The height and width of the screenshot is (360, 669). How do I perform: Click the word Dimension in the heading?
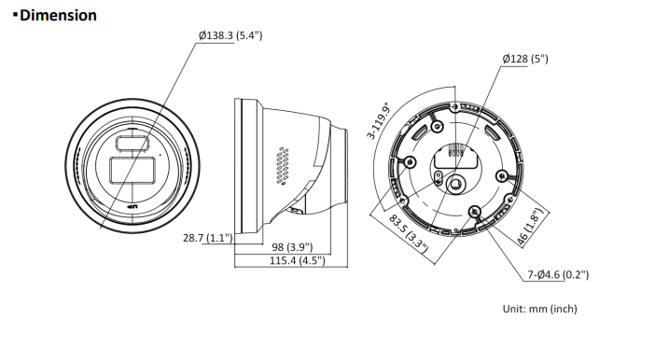[58, 15]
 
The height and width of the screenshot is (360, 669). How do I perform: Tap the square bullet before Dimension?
[15, 15]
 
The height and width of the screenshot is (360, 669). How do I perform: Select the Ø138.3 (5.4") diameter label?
[230, 35]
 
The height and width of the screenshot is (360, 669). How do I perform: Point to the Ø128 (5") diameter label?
[525, 59]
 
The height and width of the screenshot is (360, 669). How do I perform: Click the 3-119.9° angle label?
[380, 121]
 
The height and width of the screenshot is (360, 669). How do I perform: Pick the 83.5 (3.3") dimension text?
[409, 233]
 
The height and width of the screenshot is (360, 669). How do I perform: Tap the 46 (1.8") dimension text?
[531, 227]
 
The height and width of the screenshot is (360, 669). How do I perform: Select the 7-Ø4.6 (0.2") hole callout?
[558, 275]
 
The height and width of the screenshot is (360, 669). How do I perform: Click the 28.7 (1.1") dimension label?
[208, 238]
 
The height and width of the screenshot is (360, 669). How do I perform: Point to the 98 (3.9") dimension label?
[292, 247]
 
